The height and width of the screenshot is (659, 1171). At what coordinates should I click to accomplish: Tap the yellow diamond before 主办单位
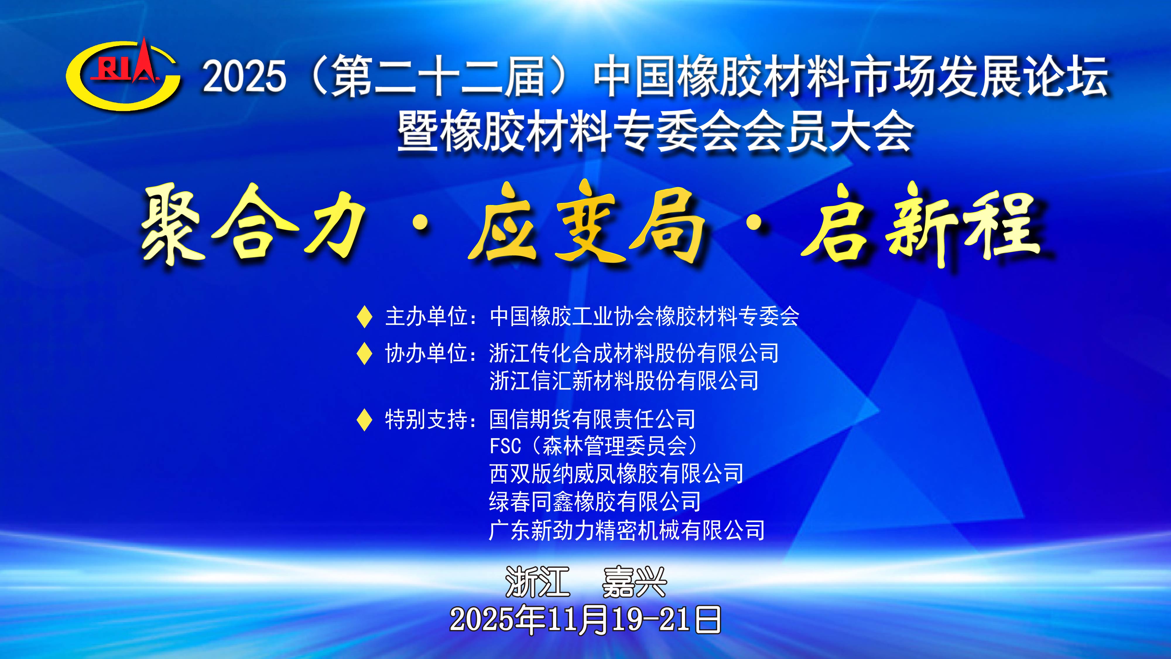364,317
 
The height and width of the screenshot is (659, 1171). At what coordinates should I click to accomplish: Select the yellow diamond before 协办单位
364,354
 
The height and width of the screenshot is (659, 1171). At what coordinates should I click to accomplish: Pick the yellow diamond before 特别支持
364,419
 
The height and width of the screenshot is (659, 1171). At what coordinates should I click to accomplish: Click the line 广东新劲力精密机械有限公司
627,530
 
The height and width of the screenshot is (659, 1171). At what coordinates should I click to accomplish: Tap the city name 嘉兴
634,583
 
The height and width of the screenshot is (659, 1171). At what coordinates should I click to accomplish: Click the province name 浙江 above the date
537,583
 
